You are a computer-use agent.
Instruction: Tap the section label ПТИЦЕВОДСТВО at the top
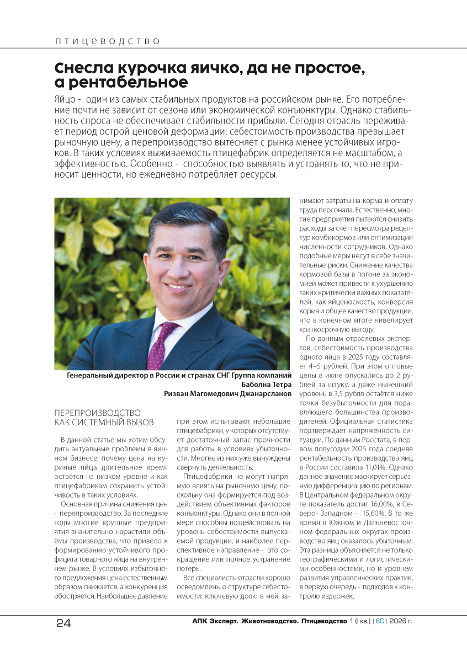click(x=107, y=41)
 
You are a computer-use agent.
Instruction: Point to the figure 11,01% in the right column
click(x=396, y=467)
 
